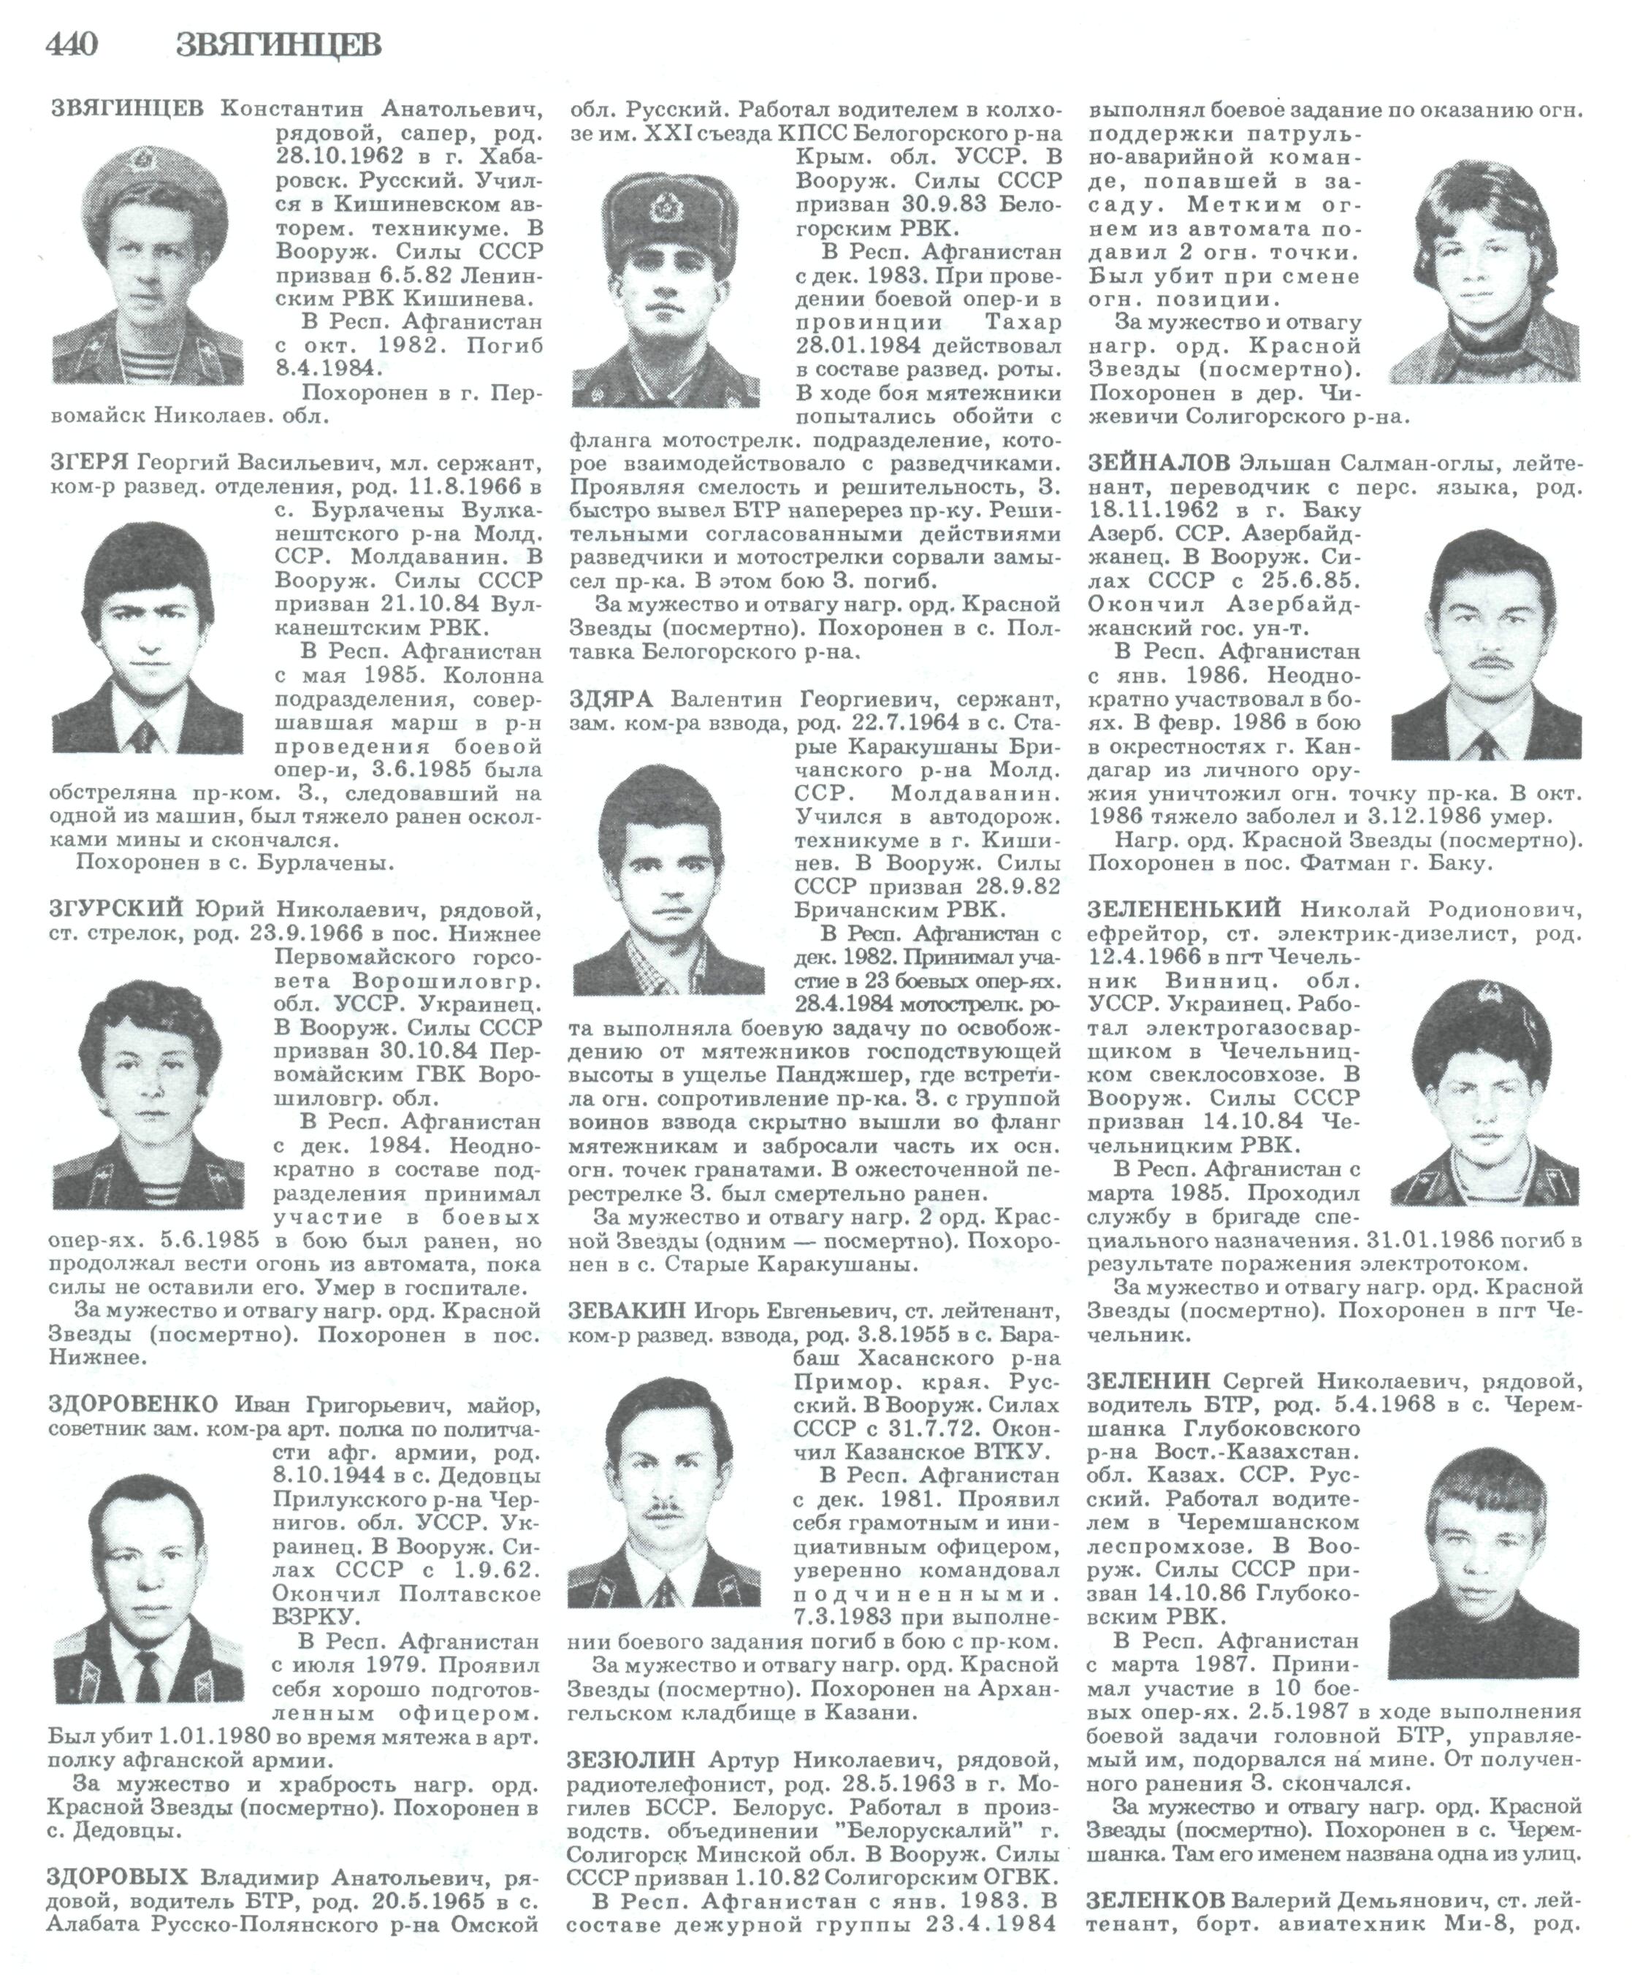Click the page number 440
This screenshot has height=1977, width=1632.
pos(72,44)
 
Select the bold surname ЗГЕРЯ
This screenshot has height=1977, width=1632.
pos(89,462)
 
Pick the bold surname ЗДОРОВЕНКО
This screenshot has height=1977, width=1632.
pos(132,1404)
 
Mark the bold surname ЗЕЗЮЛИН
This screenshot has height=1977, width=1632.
pos(630,1759)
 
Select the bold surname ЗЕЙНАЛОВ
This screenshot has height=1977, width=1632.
pos(1158,462)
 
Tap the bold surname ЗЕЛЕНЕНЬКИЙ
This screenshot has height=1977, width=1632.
pos(1184,909)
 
